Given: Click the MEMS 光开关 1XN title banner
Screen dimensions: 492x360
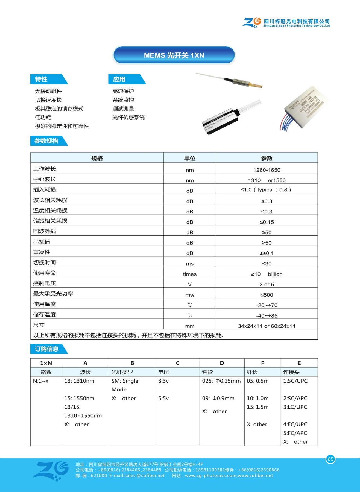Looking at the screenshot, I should pyautogui.click(x=174, y=55).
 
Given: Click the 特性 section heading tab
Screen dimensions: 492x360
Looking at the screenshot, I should pyautogui.click(x=41, y=79).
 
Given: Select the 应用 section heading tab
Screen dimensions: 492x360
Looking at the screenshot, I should pyautogui.click(x=119, y=79).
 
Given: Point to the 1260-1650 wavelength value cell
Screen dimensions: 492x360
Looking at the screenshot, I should pyautogui.click(x=267, y=170).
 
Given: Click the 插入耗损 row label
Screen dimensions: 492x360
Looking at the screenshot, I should pyautogui.click(x=45, y=189).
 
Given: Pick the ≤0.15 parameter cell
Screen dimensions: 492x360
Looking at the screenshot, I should pyautogui.click(x=267, y=222).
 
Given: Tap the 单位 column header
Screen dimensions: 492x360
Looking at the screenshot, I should pyautogui.click(x=189, y=158).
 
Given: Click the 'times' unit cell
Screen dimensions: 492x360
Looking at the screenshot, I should pyautogui.click(x=190, y=274).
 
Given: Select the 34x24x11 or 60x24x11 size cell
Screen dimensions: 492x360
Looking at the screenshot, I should pyautogui.click(x=267, y=326).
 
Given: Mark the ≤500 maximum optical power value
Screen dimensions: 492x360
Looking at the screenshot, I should pyautogui.click(x=267, y=295).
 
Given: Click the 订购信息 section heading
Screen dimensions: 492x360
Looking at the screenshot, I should pyautogui.click(x=47, y=349).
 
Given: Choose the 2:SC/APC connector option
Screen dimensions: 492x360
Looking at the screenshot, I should pyautogui.click(x=295, y=398).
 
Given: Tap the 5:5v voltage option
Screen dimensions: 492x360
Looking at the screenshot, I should pyautogui.click(x=163, y=398).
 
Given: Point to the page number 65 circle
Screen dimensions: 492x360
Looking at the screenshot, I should pyautogui.click(x=330, y=459).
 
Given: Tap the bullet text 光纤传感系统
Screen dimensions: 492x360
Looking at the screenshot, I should pyautogui.click(x=128, y=117).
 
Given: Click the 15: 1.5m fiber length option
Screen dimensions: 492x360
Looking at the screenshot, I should pyautogui.click(x=257, y=407).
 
